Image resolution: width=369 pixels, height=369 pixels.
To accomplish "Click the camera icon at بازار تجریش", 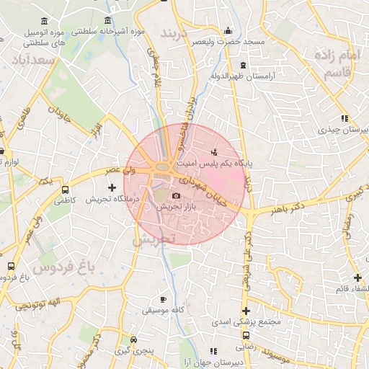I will pyautogui.click(x=176, y=195).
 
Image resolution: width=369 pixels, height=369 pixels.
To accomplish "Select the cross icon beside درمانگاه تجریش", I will pyautogui.click(x=111, y=188).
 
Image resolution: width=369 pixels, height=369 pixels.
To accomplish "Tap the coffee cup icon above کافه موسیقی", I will pyautogui.click(x=163, y=299).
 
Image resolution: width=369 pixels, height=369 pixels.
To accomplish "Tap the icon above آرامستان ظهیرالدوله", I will pyautogui.click(x=243, y=65).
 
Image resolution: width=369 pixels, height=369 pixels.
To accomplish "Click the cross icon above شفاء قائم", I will pyautogui.click(x=357, y=277).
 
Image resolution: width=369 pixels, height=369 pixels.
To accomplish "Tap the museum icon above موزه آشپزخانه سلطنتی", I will pyautogui.click(x=108, y=20).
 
